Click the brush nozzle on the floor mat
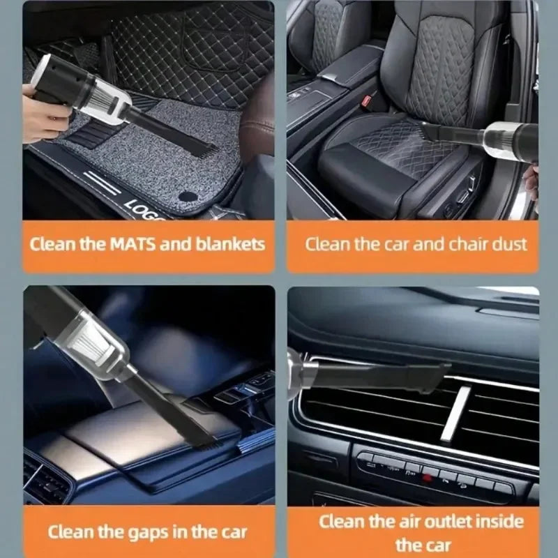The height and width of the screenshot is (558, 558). coord(202,147)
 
